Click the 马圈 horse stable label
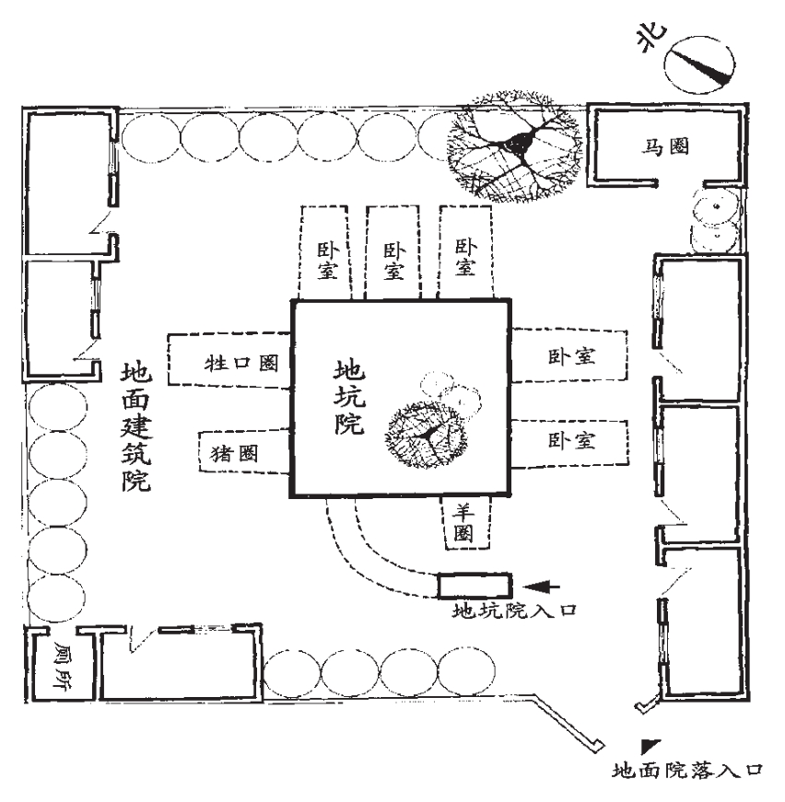(x=665, y=146)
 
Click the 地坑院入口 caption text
(x=509, y=609)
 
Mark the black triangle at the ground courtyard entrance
(x=652, y=742)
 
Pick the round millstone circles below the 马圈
(x=715, y=221)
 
